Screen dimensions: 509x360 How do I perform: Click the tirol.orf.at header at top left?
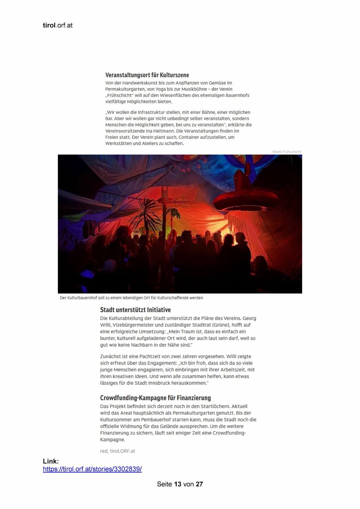tap(57, 25)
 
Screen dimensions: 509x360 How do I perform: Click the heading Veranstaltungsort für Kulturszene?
tap(147, 75)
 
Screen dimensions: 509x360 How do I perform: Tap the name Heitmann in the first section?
tap(164, 131)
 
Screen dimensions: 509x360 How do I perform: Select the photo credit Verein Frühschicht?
tap(286, 151)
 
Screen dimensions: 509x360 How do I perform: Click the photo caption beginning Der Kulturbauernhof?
tap(131, 298)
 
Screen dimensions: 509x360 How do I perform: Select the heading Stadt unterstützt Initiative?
tap(135, 310)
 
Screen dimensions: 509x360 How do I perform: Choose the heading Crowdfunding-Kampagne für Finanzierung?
tap(155, 398)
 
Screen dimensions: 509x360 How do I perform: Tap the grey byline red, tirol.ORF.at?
tap(117, 451)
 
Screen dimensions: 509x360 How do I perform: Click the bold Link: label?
tap(51, 461)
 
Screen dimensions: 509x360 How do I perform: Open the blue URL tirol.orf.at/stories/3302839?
tap(92, 469)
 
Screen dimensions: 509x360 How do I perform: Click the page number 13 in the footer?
tap(178, 484)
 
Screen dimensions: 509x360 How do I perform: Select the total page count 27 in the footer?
tap(199, 484)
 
